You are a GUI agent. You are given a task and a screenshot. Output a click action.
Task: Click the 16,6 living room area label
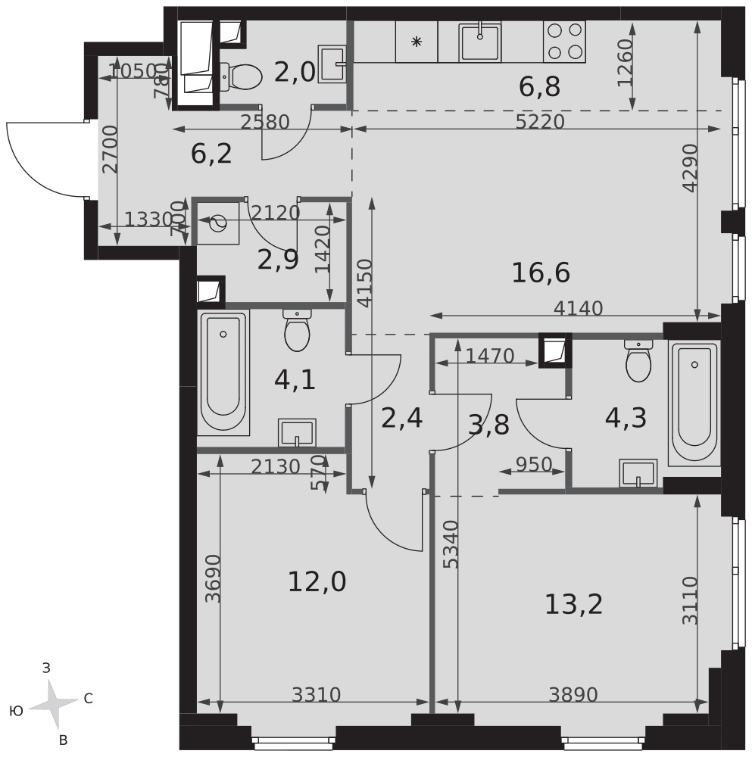coord(541,273)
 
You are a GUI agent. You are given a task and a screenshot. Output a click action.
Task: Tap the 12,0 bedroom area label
coord(317,581)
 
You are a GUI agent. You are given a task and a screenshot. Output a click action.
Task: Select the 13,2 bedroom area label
coord(574,604)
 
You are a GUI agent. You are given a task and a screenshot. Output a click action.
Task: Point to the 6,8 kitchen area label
coord(539,87)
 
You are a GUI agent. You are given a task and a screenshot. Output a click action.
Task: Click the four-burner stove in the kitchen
coord(564,42)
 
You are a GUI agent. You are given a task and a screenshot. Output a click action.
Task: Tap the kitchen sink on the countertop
coord(480,42)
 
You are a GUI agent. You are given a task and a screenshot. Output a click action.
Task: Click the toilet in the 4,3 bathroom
coord(638,360)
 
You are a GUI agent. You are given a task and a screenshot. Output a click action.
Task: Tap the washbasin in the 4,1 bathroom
coord(297,432)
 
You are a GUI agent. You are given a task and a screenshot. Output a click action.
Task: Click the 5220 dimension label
coord(540,122)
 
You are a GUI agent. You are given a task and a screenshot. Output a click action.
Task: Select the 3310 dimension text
coord(317,695)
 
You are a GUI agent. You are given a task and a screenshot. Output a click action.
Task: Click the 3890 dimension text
coord(573,695)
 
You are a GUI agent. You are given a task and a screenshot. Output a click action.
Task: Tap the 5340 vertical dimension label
coord(451,544)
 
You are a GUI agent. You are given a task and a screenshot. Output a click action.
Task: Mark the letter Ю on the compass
coord(16,711)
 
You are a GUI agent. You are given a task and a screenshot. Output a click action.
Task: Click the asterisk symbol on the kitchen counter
coord(416,42)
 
